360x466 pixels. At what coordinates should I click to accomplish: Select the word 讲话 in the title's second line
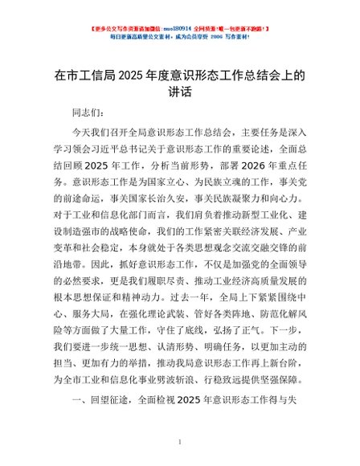point(179,93)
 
